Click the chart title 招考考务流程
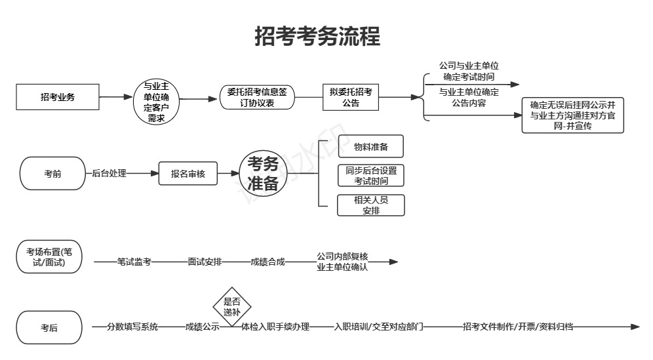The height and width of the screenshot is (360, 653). (317, 36)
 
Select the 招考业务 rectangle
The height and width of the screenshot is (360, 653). (58, 97)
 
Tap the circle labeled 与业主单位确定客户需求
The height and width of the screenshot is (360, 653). (156, 102)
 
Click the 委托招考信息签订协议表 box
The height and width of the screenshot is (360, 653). (257, 98)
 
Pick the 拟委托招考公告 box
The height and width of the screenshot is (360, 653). (351, 98)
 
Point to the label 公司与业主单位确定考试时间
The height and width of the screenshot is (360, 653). (469, 71)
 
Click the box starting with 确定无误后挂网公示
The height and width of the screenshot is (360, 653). (572, 115)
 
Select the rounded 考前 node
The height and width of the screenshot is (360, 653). (52, 173)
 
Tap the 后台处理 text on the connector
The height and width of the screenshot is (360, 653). (109, 173)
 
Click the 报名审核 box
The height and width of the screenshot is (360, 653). (188, 173)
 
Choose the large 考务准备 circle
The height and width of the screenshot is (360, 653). (263, 173)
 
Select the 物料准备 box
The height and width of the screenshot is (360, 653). (370, 146)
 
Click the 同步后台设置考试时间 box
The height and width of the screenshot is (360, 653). (370, 176)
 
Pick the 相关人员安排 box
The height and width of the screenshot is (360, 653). (370, 205)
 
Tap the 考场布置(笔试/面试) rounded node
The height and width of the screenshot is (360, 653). (49, 256)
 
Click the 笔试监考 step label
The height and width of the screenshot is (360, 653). (134, 262)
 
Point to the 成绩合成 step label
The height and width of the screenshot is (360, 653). (267, 262)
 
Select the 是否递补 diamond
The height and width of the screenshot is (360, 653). (232, 307)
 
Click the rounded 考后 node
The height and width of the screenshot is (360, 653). (49, 327)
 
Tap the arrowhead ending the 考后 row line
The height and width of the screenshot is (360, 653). (635, 327)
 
